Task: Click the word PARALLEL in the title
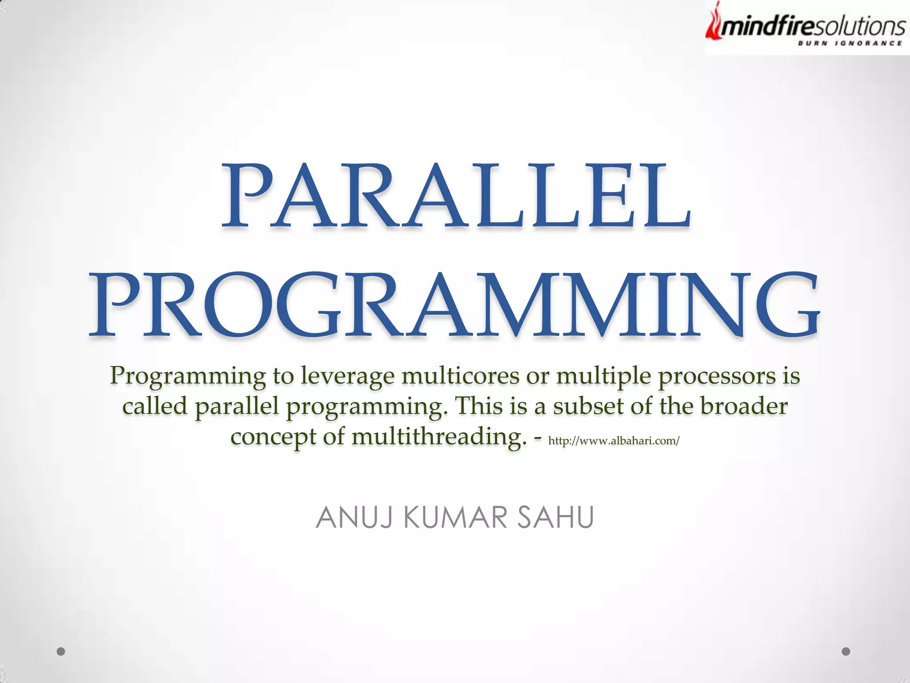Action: tap(456, 196)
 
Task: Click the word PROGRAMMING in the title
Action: tap(454, 305)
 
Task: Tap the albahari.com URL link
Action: tap(614, 441)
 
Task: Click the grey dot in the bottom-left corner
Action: tap(61, 651)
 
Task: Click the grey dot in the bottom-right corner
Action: tap(846, 651)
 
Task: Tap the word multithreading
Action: tap(436, 437)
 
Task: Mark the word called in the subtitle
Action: tap(155, 406)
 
